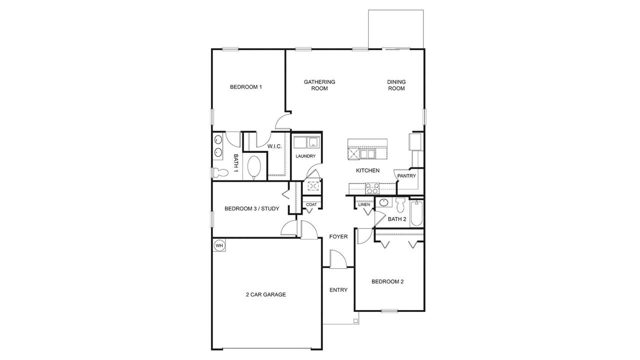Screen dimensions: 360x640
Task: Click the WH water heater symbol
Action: tap(219, 245)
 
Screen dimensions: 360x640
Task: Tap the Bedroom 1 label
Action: tap(246, 87)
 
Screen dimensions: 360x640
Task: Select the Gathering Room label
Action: tap(319, 85)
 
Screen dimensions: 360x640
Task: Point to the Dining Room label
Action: tap(396, 85)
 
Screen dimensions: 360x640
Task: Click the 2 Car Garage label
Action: tap(265, 294)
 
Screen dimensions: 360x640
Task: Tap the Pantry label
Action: tap(406, 176)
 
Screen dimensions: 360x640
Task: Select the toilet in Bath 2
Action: tap(400, 205)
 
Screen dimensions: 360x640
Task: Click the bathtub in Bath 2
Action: tap(416, 213)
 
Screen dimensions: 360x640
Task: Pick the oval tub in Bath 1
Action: tap(254, 167)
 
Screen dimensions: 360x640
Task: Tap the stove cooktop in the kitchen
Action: tap(372, 188)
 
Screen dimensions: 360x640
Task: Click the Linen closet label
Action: tap(364, 204)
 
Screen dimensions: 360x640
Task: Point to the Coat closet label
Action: tap(311, 204)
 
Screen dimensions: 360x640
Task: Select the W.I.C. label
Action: tap(275, 146)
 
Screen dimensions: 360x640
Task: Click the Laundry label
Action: tap(305, 156)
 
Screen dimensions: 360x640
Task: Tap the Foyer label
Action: tap(338, 236)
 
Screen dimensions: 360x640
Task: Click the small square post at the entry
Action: tap(355, 321)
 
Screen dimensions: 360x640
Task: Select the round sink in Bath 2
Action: tap(384, 203)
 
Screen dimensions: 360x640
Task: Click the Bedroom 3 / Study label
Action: tap(251, 208)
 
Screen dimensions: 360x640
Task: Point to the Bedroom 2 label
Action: tap(387, 281)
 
